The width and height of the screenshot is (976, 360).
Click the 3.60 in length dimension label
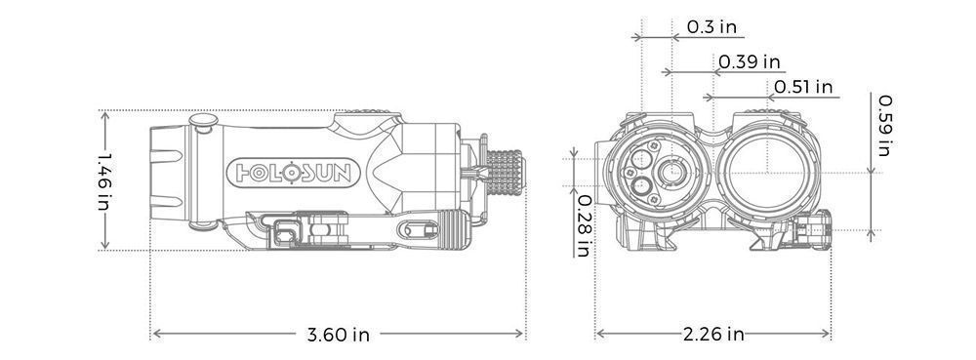coord(339,335)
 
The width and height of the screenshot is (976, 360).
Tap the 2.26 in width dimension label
coord(712,335)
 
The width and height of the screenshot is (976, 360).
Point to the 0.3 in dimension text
coord(712,27)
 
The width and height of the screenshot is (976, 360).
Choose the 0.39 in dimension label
coord(750,61)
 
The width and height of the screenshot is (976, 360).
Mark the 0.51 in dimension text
coord(803,88)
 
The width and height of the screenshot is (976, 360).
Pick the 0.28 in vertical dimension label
coord(584,224)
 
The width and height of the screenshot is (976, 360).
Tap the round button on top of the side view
coord(204,122)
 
